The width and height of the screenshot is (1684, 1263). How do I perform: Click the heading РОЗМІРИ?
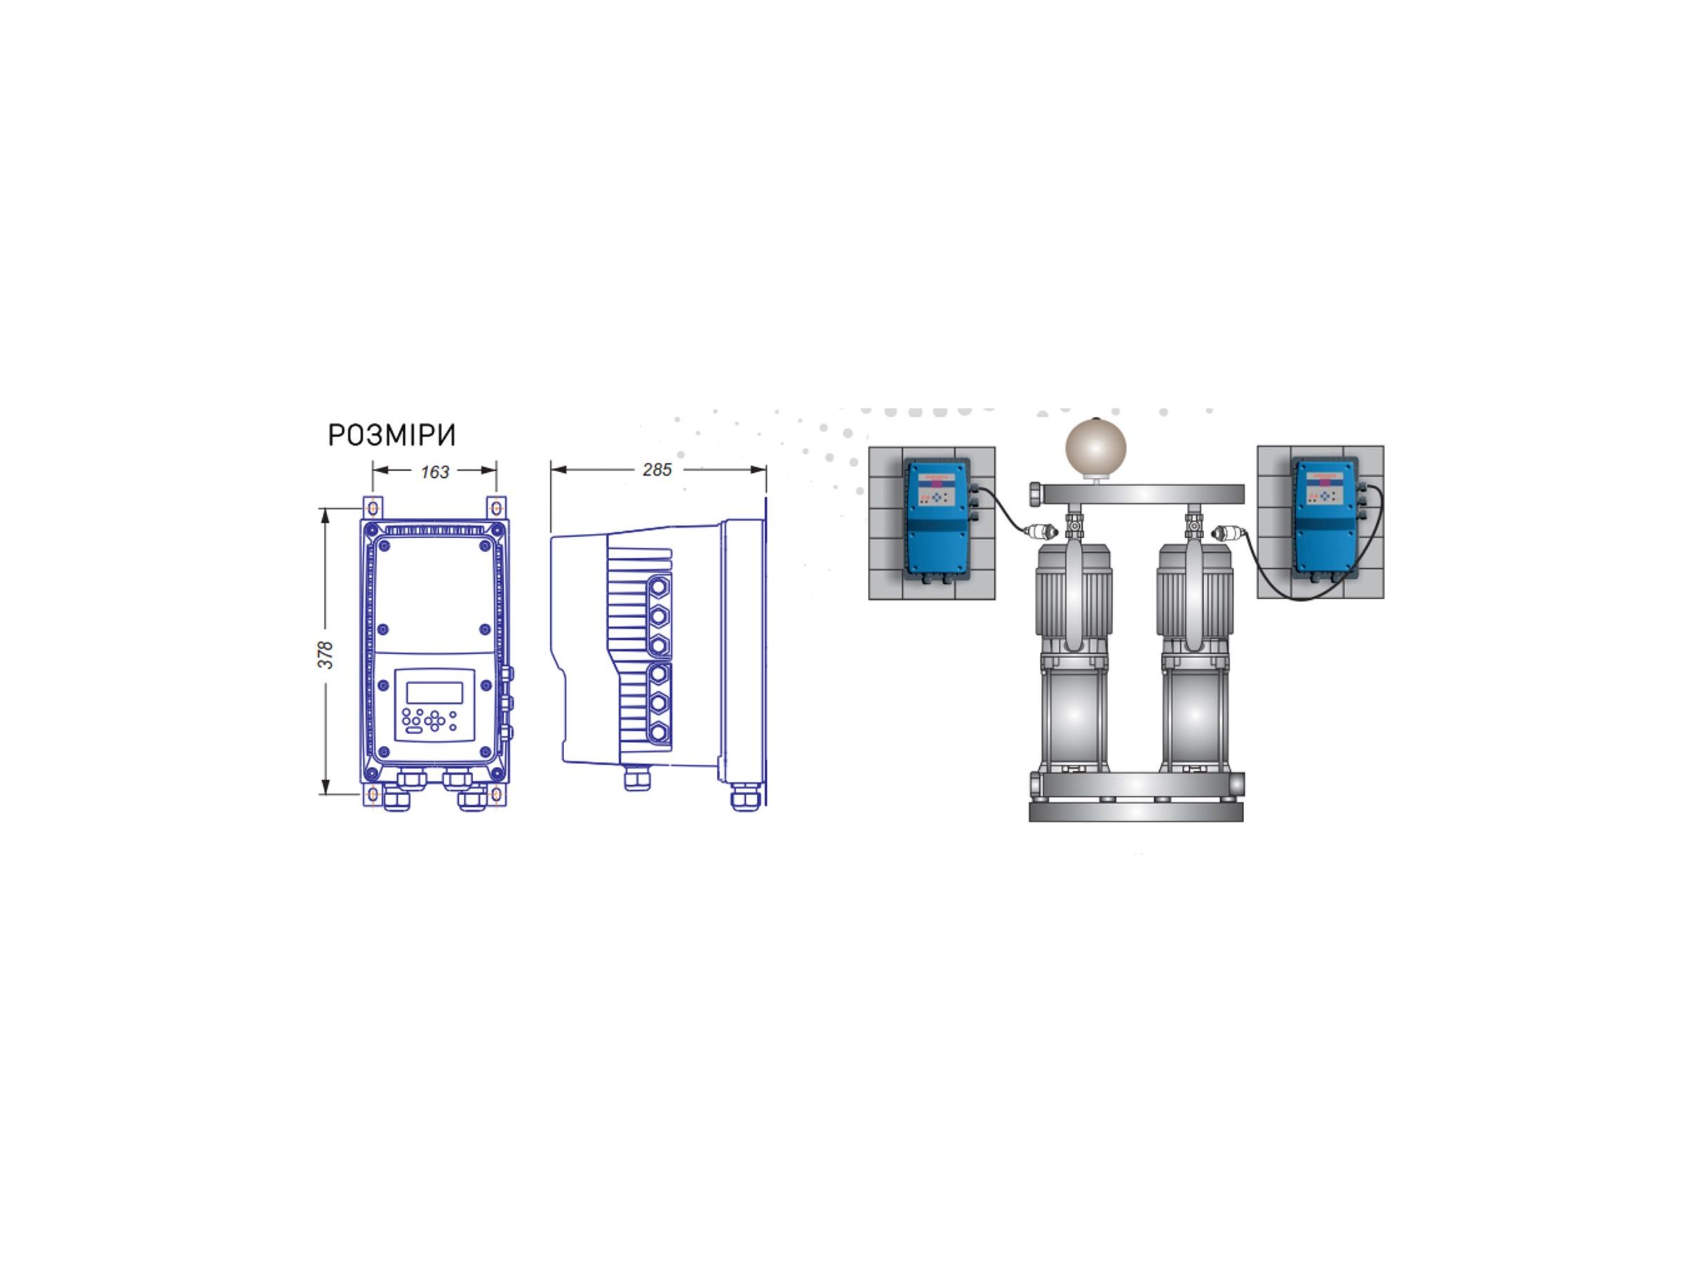[x=392, y=436]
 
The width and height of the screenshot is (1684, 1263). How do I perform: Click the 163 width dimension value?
[x=435, y=472]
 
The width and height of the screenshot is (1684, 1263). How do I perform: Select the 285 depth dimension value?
[x=657, y=469]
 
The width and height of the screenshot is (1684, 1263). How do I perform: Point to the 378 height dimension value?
[x=325, y=655]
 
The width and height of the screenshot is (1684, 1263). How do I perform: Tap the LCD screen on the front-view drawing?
[x=434, y=692]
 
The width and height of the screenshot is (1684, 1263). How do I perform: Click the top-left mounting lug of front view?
[x=373, y=507]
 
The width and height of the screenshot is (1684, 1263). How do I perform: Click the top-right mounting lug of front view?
[x=496, y=507]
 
